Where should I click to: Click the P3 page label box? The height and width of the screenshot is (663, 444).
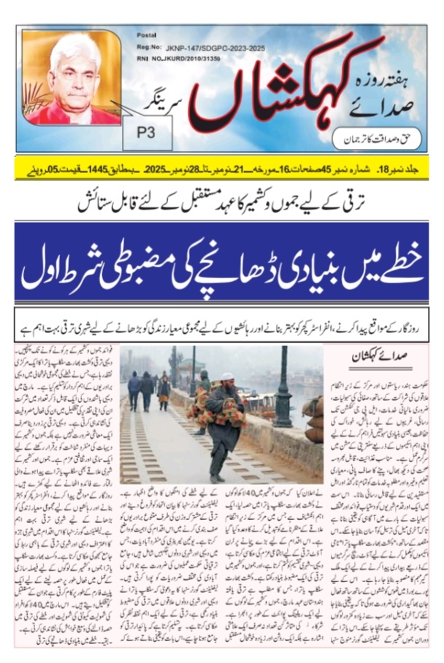point(153,134)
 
